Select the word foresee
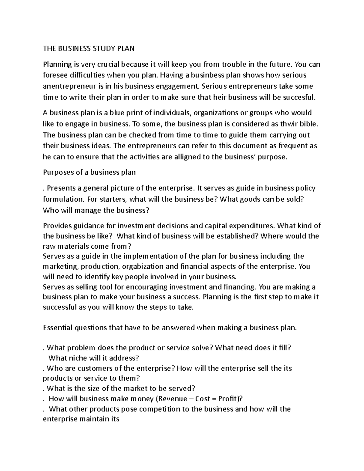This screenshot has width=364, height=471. click(x=54, y=75)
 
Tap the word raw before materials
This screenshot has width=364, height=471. click(x=49, y=246)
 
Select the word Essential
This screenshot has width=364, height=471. click(x=58, y=328)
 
